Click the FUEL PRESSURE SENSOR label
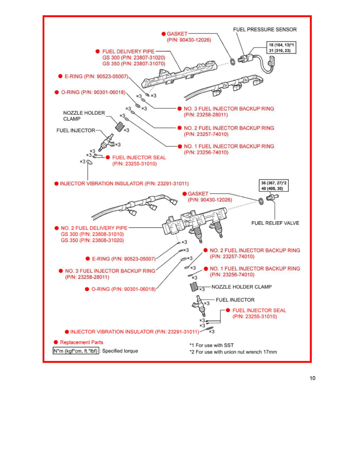[265, 29]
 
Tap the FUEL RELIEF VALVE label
[275, 223]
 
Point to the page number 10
[312, 379]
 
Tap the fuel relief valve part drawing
[271, 198]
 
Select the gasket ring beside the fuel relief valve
[260, 202]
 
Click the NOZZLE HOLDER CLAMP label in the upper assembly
[84, 116]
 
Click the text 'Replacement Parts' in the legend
[82, 342]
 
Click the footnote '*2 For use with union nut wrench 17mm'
[233, 352]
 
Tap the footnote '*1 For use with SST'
[211, 345]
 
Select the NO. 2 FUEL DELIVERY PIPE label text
[94, 228]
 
